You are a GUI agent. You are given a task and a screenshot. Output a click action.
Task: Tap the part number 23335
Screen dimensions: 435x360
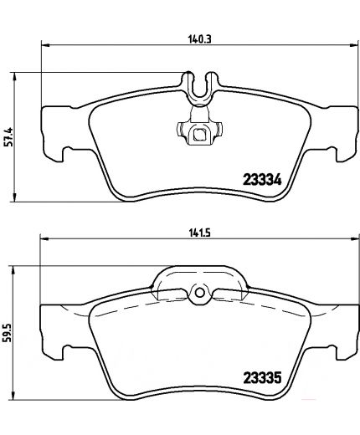click(x=260, y=377)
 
